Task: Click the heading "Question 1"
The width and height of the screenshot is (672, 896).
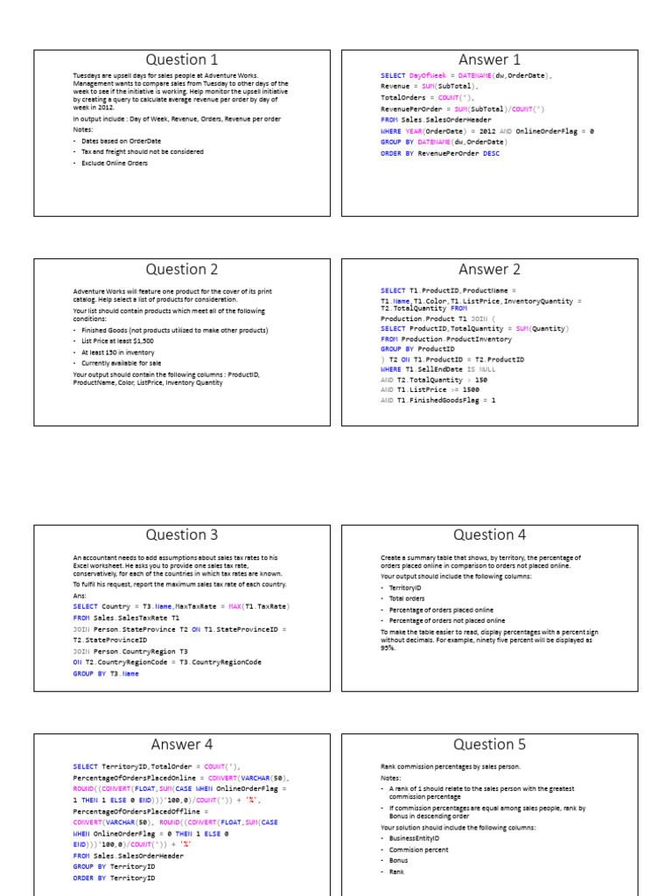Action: tap(182, 59)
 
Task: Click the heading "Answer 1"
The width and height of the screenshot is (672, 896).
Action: tap(489, 59)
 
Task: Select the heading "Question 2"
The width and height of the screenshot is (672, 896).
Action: tap(182, 269)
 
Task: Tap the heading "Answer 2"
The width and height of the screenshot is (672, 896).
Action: tap(489, 269)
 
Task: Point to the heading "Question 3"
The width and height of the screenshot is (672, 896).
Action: tap(182, 535)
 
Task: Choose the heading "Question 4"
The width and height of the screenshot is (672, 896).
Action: tap(489, 535)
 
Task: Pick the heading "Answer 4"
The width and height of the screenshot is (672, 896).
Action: tap(182, 745)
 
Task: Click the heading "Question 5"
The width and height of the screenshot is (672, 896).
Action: tap(489, 745)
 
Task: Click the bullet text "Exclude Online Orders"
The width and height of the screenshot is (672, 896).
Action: tap(115, 163)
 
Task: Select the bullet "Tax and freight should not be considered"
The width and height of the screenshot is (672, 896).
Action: tap(143, 151)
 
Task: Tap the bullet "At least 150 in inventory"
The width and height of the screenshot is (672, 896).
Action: tap(118, 352)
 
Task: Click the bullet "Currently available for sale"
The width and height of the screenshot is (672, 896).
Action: tap(121, 363)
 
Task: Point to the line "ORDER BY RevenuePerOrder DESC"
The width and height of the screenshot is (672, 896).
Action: tap(440, 153)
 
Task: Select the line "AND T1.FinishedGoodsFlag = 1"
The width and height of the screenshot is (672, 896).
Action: tap(437, 400)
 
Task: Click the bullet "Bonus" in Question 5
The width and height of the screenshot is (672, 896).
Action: tap(399, 861)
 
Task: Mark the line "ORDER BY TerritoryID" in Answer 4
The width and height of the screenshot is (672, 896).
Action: tap(114, 878)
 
